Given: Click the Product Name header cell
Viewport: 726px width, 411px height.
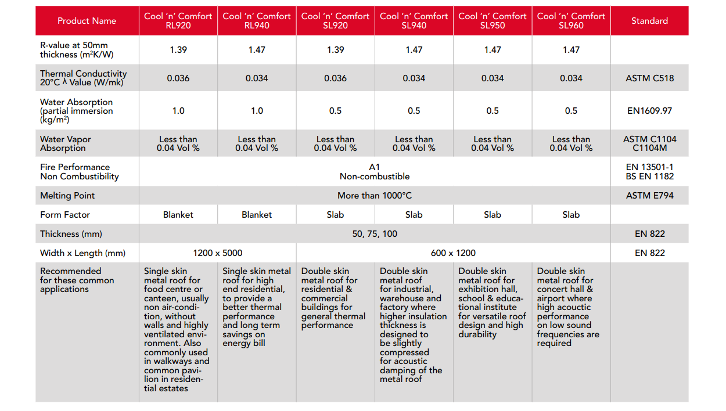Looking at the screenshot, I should click(87, 21).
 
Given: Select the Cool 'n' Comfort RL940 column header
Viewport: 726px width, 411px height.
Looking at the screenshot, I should click(257, 21).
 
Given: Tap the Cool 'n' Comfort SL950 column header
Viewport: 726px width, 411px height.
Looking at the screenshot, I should click(493, 21).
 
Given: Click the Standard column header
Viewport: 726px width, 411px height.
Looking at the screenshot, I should click(649, 21).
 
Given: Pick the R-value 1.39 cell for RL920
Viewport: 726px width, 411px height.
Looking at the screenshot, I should click(178, 50).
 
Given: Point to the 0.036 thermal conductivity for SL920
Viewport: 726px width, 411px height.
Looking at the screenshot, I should click(335, 78).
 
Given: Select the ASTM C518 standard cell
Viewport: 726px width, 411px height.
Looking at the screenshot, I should click(649, 78).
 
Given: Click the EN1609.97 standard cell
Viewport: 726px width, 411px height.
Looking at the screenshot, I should click(649, 111).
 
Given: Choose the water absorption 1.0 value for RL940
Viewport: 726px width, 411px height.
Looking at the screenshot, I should click(257, 111).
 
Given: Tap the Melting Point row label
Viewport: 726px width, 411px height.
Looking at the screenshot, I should click(67, 196).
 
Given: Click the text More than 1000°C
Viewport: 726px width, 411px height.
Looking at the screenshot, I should click(375, 196).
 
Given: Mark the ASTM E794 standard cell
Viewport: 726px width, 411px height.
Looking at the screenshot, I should click(649, 196).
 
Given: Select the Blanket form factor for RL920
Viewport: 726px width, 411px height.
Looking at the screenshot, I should click(178, 215).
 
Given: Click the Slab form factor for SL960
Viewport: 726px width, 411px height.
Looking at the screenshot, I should click(571, 215).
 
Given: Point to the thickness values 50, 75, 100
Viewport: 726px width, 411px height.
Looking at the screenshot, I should click(375, 234).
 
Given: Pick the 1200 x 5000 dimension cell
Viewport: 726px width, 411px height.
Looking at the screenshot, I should click(217, 253).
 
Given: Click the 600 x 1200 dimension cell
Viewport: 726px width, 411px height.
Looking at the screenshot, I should click(453, 253).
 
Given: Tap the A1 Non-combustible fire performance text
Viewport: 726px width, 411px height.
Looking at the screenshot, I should click(375, 172).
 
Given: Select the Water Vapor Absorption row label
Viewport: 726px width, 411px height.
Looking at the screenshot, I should click(65, 143).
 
